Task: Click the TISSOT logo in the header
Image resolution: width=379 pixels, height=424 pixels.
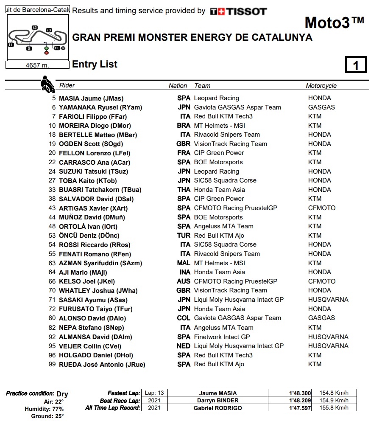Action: [238, 11]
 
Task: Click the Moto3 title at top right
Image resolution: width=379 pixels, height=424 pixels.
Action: [334, 22]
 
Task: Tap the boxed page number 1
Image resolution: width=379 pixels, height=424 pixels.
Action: [356, 65]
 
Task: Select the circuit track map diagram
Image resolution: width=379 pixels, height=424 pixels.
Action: [37, 38]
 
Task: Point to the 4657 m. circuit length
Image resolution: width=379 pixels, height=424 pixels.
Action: [37, 65]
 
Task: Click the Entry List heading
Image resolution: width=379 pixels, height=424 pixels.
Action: [95, 65]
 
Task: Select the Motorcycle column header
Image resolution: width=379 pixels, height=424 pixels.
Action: [321, 86]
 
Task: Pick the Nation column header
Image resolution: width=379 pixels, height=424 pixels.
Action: [178, 86]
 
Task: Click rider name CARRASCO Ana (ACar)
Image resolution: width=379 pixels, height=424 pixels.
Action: [95, 162]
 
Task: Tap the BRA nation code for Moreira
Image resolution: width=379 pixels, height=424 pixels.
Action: [184, 126]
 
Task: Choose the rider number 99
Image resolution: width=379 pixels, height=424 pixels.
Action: [52, 364]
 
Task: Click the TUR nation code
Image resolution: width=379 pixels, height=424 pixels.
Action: [184, 236]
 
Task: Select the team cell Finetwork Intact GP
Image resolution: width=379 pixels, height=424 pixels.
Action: [222, 337]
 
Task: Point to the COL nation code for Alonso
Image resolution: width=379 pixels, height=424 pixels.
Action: [184, 318]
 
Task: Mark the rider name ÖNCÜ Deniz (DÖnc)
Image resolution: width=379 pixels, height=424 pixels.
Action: [89, 236]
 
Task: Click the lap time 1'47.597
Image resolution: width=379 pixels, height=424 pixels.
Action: [301, 408]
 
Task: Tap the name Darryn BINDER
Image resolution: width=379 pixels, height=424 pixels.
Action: [218, 400]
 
